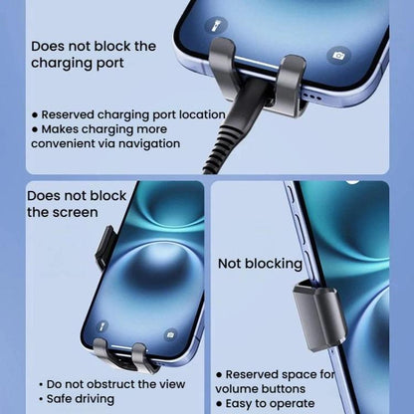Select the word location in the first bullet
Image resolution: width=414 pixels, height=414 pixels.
(202, 114)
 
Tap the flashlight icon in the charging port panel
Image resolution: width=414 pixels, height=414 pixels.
(216, 25)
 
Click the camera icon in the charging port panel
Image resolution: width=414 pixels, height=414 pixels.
(338, 56)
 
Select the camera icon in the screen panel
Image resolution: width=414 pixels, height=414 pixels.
(170, 335)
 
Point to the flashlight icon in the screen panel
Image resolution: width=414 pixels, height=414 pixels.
(103, 325)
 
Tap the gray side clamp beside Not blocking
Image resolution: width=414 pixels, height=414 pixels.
(319, 314)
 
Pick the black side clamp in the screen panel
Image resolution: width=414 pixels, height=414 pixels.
(105, 247)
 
